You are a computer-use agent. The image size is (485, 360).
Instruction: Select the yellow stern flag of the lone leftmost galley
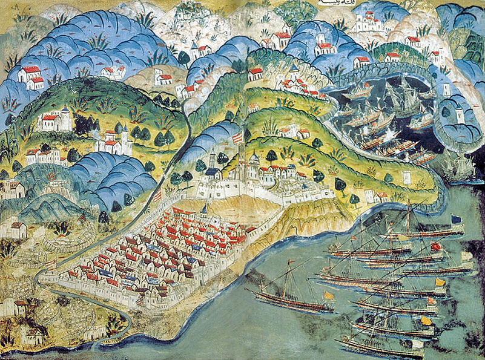click(329, 295)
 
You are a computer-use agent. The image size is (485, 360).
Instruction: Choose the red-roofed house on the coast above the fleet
click(381, 196)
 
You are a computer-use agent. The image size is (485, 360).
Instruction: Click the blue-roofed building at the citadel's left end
click(212, 173)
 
